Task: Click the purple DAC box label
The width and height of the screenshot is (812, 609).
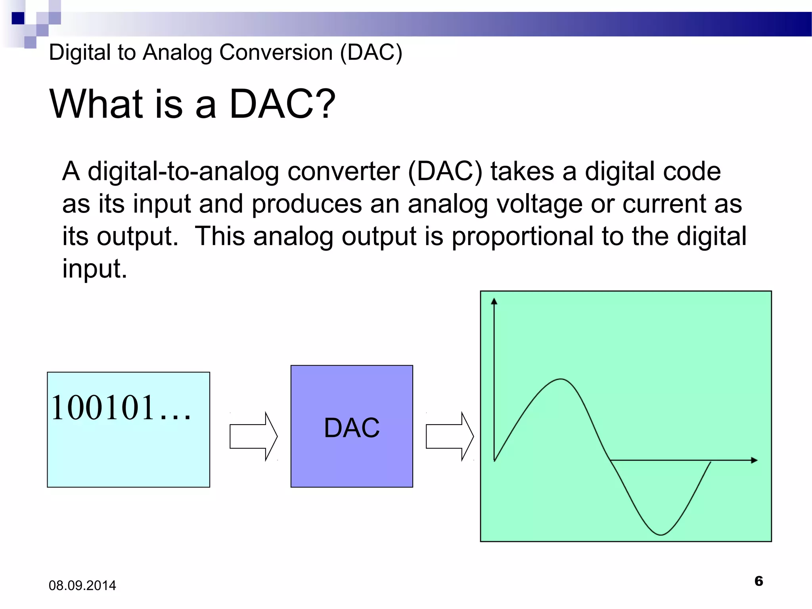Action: pyautogui.click(x=352, y=428)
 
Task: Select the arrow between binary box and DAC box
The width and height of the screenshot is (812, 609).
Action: pyautogui.click(x=253, y=436)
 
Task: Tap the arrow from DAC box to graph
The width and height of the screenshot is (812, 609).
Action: pyautogui.click(x=450, y=436)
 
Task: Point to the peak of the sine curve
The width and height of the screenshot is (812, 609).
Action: pyautogui.click(x=561, y=379)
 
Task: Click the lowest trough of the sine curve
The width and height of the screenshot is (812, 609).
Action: pyautogui.click(x=661, y=534)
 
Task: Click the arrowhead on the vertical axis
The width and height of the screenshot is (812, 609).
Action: pyautogui.click(x=494, y=301)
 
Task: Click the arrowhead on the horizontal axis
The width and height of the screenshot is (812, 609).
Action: pyautogui.click(x=754, y=460)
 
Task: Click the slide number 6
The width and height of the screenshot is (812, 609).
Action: pyautogui.click(x=758, y=581)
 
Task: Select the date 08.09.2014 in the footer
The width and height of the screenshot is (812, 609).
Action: pyautogui.click(x=82, y=586)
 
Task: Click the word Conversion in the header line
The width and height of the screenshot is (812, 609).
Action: pyautogui.click(x=276, y=52)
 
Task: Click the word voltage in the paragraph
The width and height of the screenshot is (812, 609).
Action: pyautogui.click(x=539, y=204)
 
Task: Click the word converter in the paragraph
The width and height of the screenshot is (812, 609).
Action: pyautogui.click(x=343, y=172)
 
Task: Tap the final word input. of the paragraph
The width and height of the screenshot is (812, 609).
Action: pyautogui.click(x=94, y=269)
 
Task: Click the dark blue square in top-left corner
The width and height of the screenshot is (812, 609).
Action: pyautogui.click(x=18, y=18)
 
